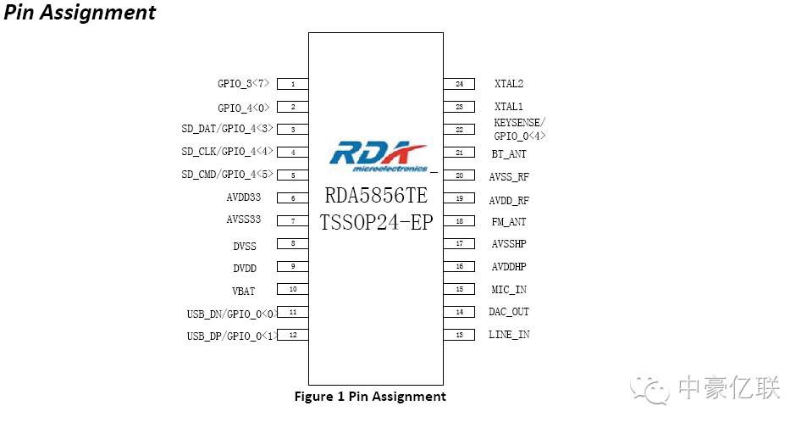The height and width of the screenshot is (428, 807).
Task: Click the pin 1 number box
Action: pos(293,84)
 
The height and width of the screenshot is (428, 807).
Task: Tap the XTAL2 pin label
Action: pos(508,83)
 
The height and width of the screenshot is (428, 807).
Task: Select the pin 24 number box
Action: pos(459,84)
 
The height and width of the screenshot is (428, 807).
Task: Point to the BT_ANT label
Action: pos(508,153)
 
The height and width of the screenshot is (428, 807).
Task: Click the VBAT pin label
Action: pos(243,291)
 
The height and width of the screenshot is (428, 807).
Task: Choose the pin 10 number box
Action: pos(293,289)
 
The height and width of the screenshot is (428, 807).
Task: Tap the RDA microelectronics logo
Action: pos(379,157)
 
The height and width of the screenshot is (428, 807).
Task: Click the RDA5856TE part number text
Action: pos(376,195)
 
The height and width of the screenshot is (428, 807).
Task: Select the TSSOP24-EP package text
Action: pos(376,222)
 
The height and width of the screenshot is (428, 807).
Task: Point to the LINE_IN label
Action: pos(509,334)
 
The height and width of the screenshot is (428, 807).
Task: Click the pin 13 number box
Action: pos(459,335)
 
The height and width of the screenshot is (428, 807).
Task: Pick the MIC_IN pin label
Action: pos(508,290)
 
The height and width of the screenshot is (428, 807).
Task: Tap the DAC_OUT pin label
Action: pos(508,312)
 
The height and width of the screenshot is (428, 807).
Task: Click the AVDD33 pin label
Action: pos(243,197)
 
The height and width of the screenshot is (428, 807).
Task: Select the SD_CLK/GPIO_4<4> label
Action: pos(227,152)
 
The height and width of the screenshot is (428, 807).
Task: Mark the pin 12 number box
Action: pos(293,335)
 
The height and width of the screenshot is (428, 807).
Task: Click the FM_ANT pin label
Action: pos(508,222)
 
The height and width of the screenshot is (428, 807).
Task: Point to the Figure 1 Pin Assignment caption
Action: pos(370,396)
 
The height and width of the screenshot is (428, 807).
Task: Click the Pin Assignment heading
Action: pos(80,13)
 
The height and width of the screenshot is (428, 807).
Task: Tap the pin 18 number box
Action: pos(459,221)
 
